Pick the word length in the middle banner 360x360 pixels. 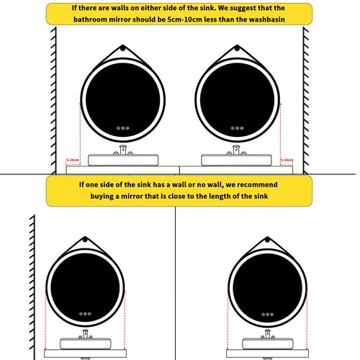[223, 195]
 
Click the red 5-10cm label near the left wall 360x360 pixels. [72, 160]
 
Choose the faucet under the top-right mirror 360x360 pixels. [235, 150]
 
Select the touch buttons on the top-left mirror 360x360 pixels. [123, 128]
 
